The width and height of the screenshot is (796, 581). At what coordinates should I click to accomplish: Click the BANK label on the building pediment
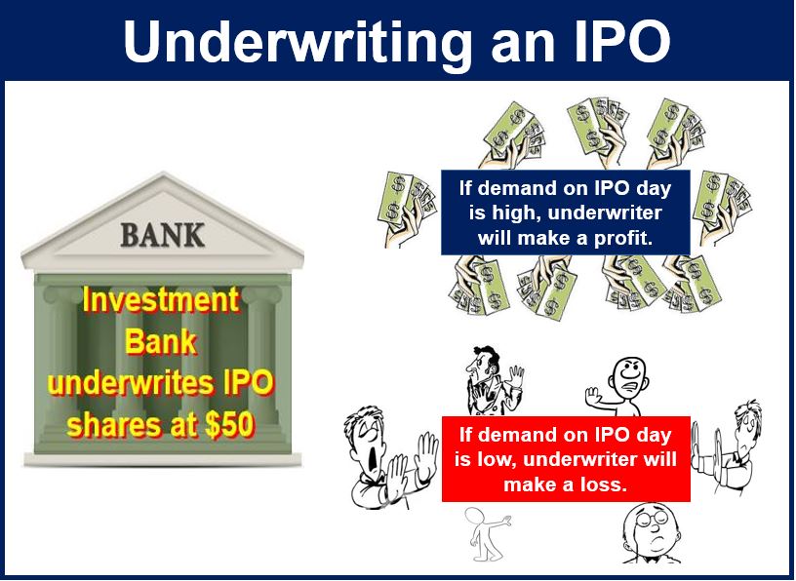pyautogui.click(x=163, y=235)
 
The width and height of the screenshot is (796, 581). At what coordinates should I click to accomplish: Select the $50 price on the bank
pyautogui.click(x=228, y=425)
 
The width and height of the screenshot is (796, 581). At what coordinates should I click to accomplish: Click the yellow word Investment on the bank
pyautogui.click(x=160, y=300)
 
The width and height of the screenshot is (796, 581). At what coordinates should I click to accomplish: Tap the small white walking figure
pyautogui.click(x=486, y=534)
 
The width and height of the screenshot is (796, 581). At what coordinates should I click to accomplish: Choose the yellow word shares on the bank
pyautogui.click(x=117, y=425)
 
